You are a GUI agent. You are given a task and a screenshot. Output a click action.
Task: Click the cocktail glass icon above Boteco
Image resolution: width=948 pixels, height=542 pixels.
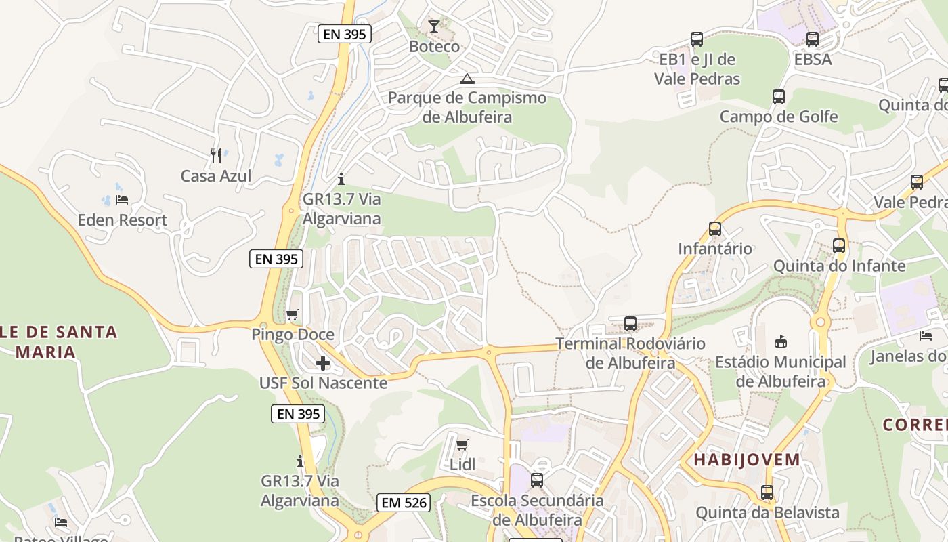click(433, 26)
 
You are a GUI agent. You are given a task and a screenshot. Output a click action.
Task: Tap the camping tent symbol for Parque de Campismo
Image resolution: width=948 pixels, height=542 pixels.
click(467, 79)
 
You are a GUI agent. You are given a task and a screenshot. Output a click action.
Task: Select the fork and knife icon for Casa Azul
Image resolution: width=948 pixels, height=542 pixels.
click(216, 156)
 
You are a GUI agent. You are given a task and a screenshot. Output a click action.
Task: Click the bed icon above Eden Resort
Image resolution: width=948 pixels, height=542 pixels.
click(122, 199)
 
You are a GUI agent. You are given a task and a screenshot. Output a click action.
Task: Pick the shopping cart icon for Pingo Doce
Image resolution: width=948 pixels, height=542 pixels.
click(293, 314)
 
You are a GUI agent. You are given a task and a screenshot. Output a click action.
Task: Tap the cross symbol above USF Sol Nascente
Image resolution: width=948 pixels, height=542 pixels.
click(323, 363)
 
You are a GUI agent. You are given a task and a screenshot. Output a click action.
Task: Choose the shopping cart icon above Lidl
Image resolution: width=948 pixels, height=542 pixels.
click(462, 444)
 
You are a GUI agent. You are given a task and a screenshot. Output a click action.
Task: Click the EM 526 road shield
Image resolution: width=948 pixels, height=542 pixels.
click(404, 502)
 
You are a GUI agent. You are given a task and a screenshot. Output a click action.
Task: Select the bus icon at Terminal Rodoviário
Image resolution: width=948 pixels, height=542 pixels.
click(630, 324)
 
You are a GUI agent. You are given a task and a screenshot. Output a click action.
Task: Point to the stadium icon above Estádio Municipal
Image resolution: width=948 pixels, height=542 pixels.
click(780, 341)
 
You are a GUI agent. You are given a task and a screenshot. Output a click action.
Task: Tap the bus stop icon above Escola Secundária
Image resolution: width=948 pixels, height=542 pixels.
click(537, 480)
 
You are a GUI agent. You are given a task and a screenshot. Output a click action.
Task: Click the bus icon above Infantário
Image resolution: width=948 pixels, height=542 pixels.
click(715, 229)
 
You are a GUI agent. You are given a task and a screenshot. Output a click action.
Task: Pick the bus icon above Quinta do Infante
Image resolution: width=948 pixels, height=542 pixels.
click(839, 246)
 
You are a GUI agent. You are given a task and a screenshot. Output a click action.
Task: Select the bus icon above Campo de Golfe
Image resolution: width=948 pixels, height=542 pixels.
click(779, 97)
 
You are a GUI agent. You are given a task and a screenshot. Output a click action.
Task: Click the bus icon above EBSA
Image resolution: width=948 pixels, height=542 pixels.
click(813, 39)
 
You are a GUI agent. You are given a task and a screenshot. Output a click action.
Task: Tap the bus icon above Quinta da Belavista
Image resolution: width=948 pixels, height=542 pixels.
click(767, 493)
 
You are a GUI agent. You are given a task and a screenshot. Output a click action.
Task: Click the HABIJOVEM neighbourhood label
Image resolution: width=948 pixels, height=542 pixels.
click(747, 460)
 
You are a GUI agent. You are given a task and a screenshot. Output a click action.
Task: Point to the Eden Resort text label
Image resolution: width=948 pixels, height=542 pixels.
click(122, 220)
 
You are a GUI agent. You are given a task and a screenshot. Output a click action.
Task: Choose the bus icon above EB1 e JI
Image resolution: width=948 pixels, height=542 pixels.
click(697, 39)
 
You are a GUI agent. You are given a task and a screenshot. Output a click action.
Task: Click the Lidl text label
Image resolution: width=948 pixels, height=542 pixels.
click(462, 465)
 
